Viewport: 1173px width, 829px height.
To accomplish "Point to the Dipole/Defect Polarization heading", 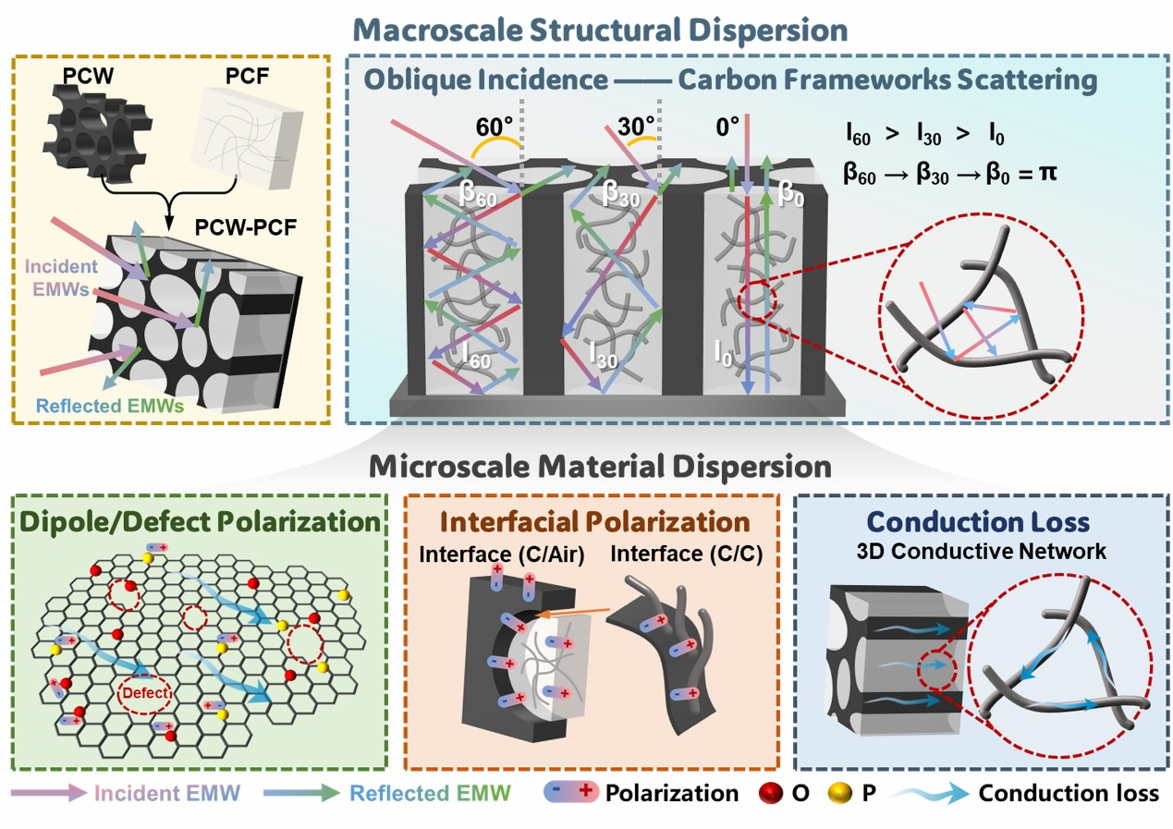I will [x=200, y=522].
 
